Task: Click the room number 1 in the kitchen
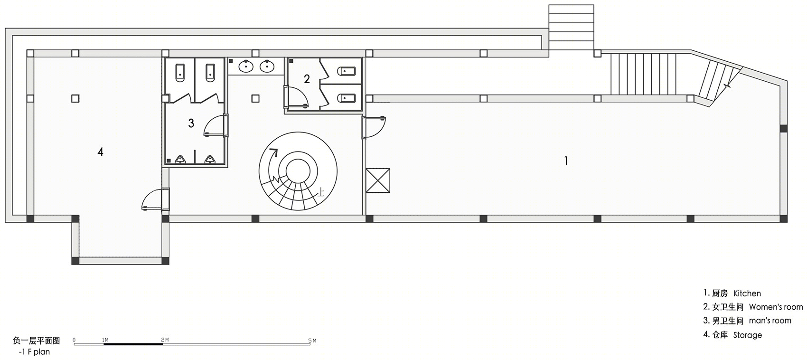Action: pos(566,161)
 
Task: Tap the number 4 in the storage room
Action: pos(101,152)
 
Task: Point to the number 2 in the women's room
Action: pos(307,79)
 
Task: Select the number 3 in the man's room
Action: pos(191,123)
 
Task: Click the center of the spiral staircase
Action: pos(298,171)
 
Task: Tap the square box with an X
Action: pos(378,180)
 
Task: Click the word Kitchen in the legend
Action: pos(747,294)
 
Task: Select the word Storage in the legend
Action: pos(748,335)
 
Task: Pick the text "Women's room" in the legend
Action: pos(776,307)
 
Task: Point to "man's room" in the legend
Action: pos(770,321)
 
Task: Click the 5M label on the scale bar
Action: pos(312,341)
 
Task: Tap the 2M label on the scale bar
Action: pos(165,340)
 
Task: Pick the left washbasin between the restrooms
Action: pos(246,66)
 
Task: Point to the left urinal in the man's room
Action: pos(180,159)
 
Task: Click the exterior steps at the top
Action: pos(571,27)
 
